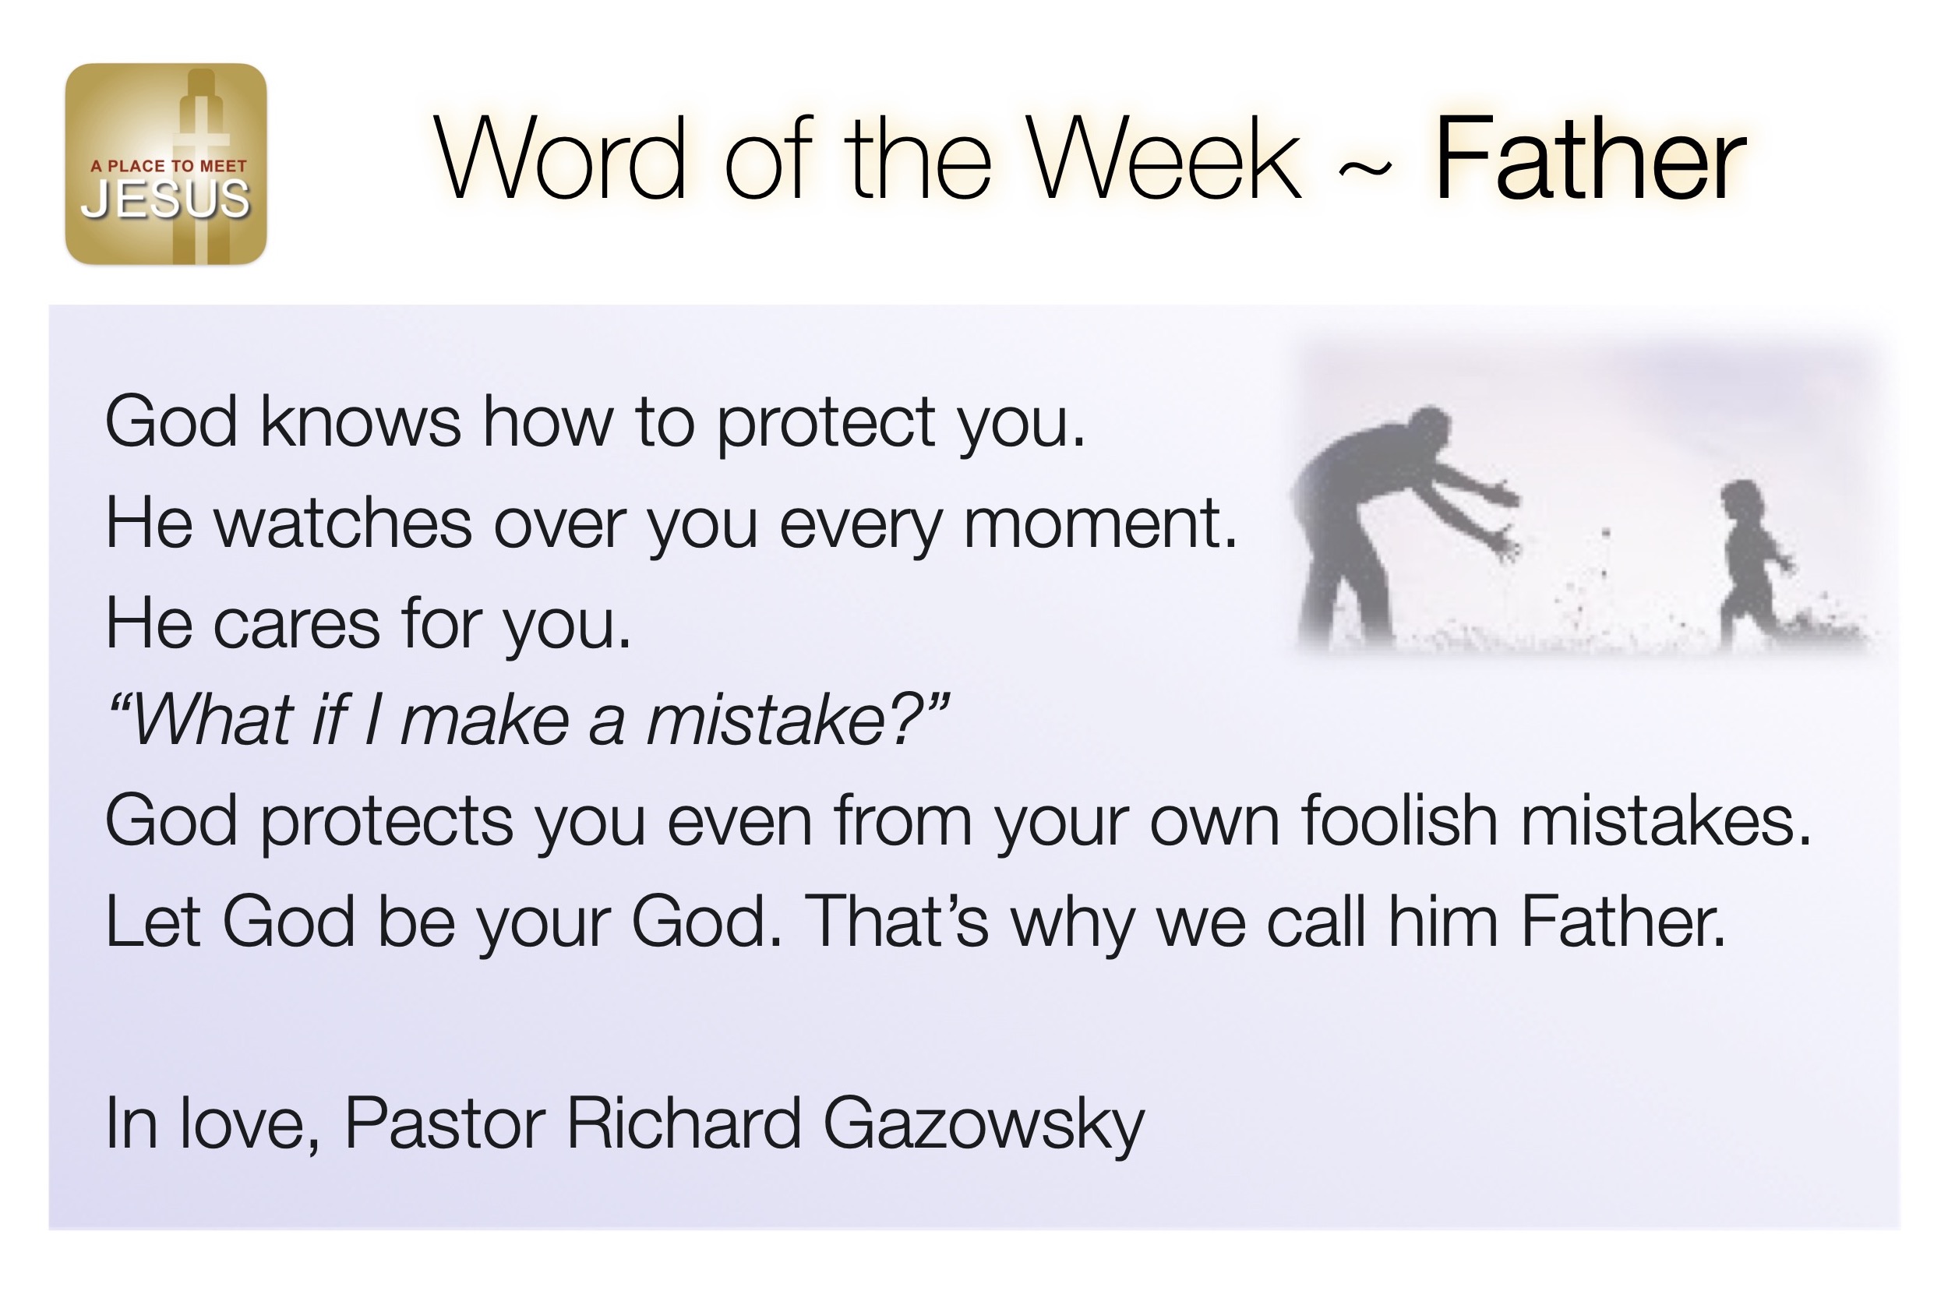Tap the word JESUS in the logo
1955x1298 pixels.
click(x=165, y=199)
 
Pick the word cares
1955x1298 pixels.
click(x=297, y=626)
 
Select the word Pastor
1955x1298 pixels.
click(x=444, y=1124)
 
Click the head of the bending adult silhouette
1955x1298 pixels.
click(x=1428, y=429)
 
